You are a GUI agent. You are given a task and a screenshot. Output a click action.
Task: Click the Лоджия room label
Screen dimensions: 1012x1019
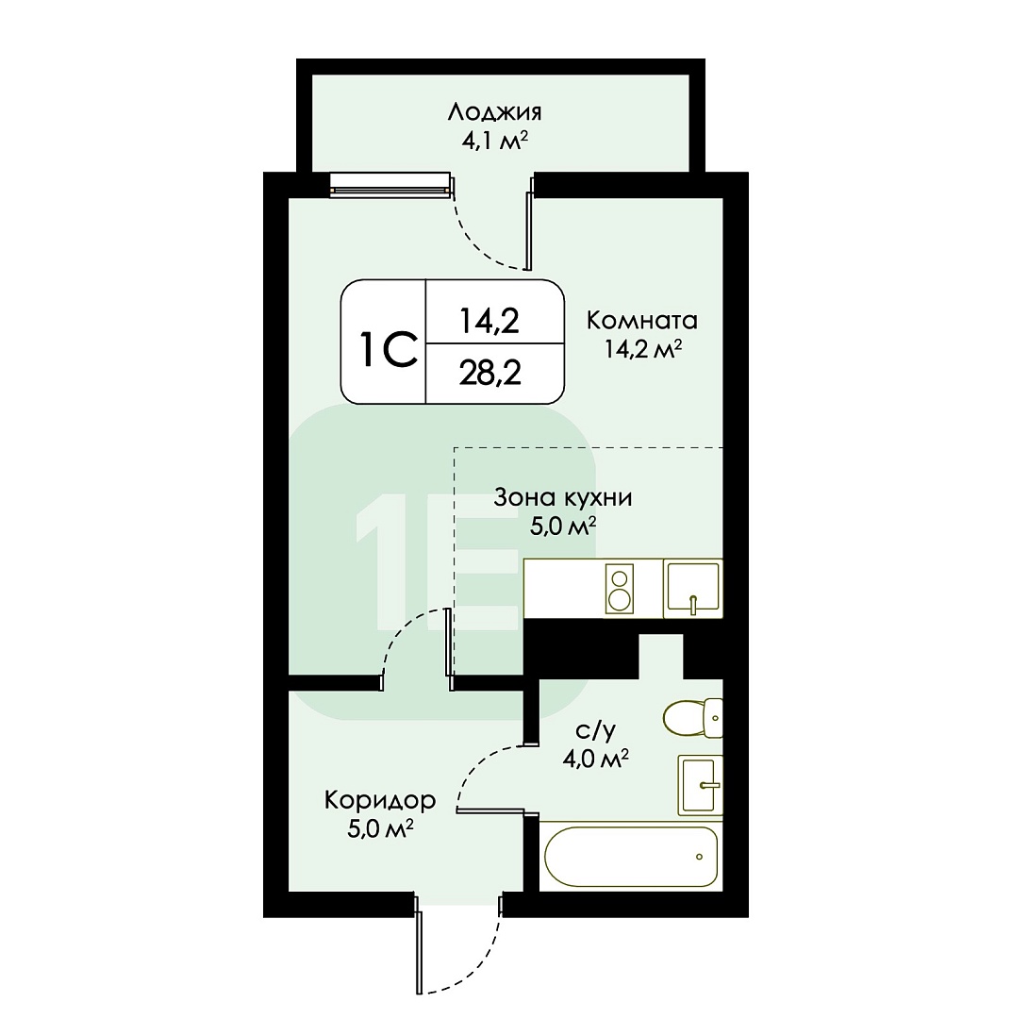(x=494, y=113)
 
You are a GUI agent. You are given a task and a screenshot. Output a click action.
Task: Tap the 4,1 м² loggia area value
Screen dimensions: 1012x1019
(x=493, y=141)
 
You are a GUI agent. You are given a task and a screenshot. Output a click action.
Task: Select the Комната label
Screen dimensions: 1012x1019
(x=641, y=320)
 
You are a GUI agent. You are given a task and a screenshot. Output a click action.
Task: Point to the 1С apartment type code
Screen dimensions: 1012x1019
(x=389, y=350)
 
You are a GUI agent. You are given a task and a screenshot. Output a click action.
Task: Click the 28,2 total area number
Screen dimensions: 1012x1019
(x=490, y=373)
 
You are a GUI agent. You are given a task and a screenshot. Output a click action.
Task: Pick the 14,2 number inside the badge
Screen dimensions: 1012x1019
(x=489, y=321)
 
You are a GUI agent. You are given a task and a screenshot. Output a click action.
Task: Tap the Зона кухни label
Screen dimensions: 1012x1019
(x=562, y=497)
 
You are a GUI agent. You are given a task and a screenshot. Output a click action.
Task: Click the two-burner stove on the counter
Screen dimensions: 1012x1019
(x=619, y=589)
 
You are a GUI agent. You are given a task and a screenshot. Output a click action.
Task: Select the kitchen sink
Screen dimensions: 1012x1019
(x=693, y=588)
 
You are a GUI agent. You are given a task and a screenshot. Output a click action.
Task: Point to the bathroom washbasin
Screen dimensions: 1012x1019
(x=700, y=785)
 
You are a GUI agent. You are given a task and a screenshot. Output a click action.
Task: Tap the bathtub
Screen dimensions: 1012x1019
(x=631, y=857)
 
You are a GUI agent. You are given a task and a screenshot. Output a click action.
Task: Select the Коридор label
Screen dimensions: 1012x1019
(x=380, y=800)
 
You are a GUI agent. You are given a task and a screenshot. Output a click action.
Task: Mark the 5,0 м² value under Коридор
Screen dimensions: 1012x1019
(x=381, y=829)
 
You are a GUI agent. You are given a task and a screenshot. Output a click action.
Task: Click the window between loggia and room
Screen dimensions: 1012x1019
(x=390, y=185)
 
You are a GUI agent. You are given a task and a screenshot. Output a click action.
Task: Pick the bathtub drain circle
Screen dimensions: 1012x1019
(x=699, y=857)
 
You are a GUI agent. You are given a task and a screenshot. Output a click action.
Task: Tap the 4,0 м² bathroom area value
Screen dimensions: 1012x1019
(x=596, y=759)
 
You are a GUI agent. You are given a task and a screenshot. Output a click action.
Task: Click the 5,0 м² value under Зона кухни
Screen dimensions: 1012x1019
(x=562, y=526)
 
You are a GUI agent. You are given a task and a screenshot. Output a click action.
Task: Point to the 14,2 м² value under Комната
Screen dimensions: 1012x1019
(x=642, y=350)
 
